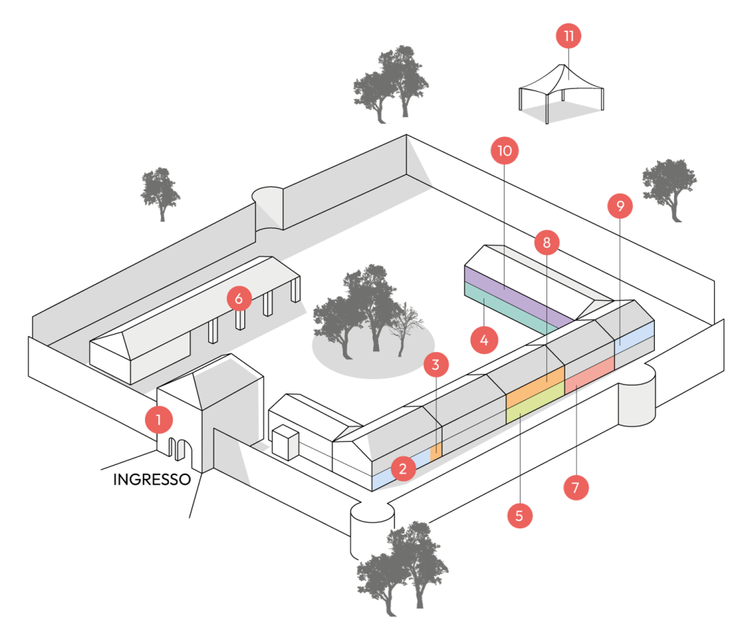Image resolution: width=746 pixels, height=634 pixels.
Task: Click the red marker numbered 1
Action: click(x=158, y=420)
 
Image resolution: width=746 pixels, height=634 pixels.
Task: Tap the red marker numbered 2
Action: click(x=403, y=469)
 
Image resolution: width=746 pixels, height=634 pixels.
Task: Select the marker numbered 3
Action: click(x=436, y=364)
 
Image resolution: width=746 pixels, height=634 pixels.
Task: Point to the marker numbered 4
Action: click(x=484, y=339)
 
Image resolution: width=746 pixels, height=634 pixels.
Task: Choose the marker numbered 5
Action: click(x=519, y=516)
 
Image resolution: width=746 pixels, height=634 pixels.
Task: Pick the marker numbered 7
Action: click(x=576, y=487)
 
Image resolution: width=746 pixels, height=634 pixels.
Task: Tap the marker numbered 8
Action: click(x=546, y=242)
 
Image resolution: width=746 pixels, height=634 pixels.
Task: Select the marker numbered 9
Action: click(x=620, y=206)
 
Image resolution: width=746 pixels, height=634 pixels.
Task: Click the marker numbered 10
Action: click(x=505, y=152)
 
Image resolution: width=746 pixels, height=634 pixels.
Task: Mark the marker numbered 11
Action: click(x=568, y=36)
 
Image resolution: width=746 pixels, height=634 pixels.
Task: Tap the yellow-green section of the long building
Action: click(x=535, y=403)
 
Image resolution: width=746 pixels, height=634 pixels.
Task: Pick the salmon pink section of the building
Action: click(x=589, y=370)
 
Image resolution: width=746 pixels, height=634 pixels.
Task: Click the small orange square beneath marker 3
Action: click(x=436, y=450)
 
